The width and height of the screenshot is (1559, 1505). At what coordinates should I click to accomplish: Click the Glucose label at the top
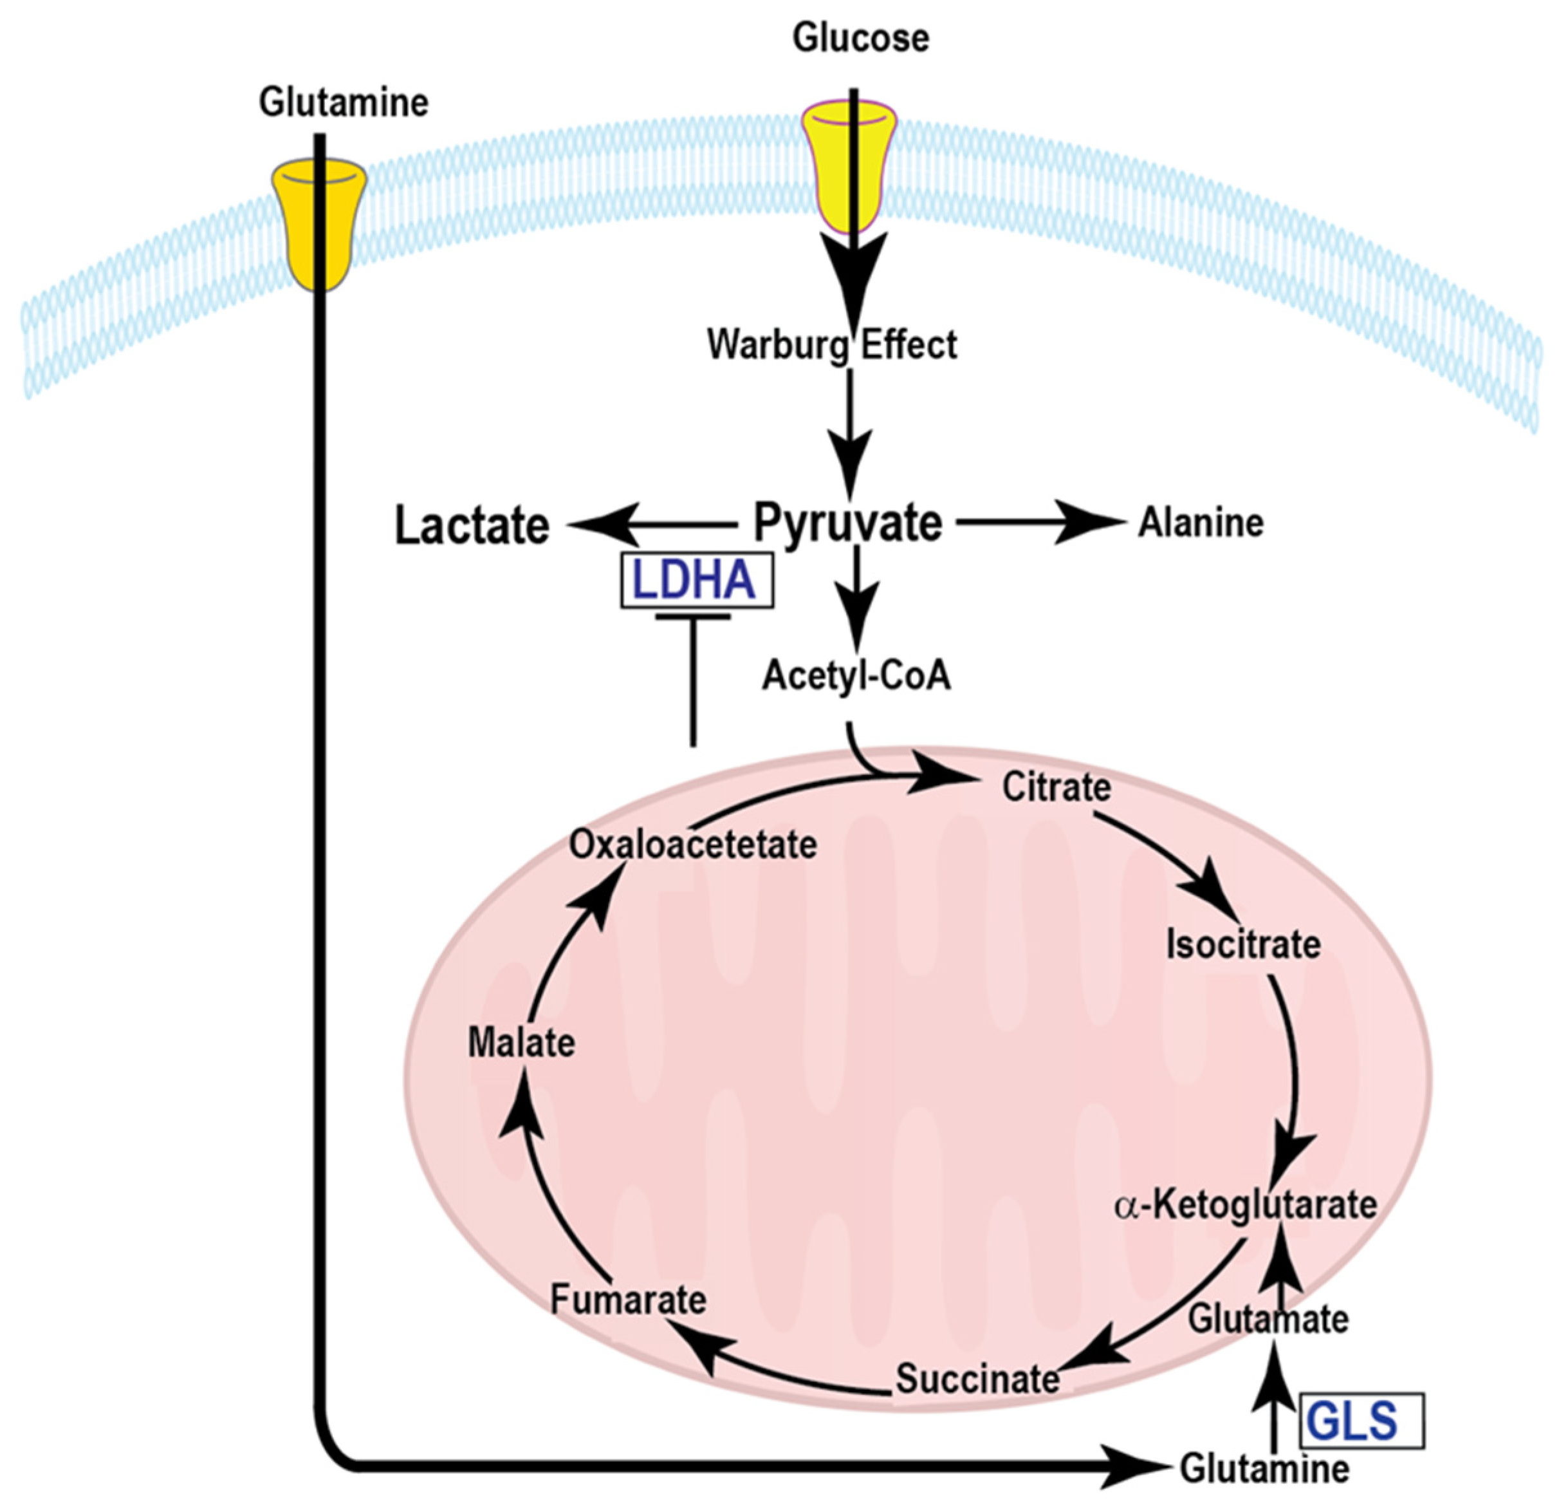tap(861, 38)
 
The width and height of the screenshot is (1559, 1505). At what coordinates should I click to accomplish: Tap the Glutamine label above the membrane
tap(344, 102)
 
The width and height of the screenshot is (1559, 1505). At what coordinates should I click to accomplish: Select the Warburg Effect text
tap(832, 344)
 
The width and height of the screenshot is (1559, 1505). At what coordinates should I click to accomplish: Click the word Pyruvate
tap(848, 523)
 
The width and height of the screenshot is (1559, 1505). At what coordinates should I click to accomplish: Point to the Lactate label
tap(472, 526)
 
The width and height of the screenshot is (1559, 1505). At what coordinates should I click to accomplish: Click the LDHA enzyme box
tap(697, 580)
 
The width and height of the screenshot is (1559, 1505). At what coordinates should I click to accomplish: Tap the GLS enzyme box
tap(1361, 1421)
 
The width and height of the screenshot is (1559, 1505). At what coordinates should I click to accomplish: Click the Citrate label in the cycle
tap(1056, 787)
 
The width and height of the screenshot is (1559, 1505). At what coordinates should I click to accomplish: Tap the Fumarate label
tap(629, 1300)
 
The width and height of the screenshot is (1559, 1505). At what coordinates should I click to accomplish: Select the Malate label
tap(521, 1043)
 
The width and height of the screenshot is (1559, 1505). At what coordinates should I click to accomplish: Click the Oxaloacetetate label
tap(693, 845)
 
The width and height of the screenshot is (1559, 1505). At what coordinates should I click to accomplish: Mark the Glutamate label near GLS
tap(1268, 1319)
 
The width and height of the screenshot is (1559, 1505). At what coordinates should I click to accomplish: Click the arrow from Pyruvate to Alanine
tap(1042, 523)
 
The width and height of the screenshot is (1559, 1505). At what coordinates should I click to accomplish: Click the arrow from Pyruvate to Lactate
tap(652, 525)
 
